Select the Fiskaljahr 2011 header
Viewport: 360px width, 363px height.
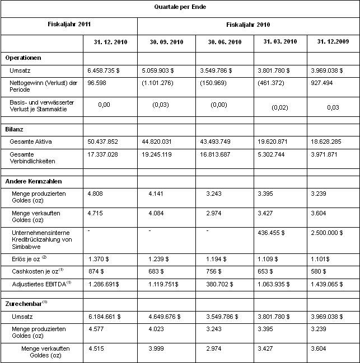click(69, 25)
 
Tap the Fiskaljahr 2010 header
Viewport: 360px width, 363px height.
click(248, 25)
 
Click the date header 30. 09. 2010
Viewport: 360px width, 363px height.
click(167, 43)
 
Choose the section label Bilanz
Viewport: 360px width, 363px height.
click(15, 129)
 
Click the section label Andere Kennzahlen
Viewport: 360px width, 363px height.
click(34, 181)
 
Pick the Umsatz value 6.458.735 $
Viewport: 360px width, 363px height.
click(107, 71)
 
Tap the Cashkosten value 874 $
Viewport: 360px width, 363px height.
click(97, 272)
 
